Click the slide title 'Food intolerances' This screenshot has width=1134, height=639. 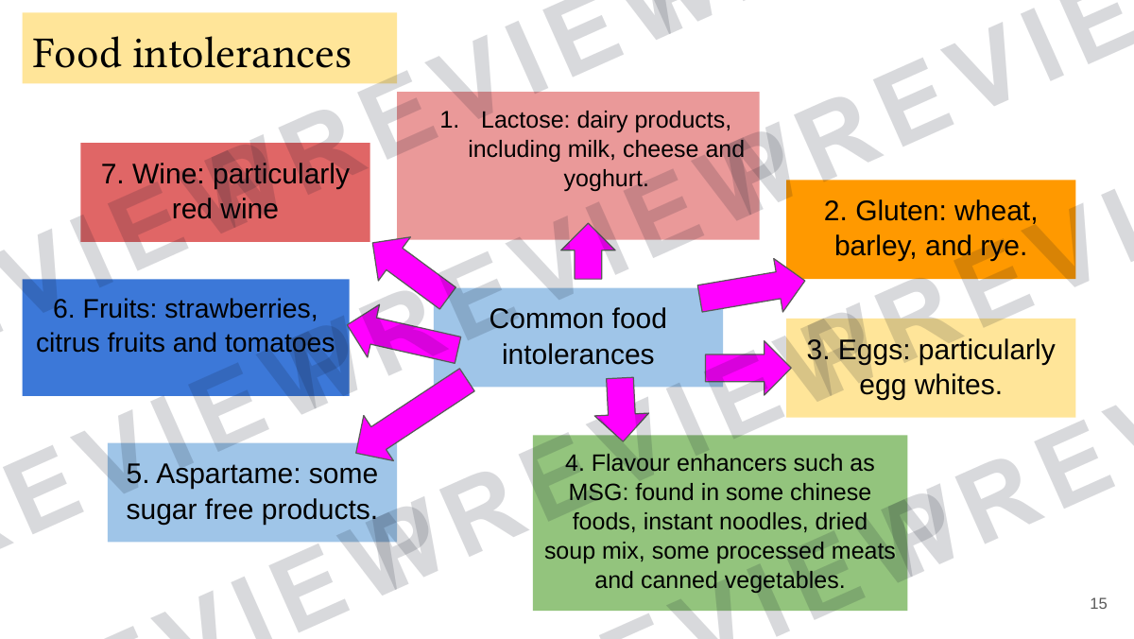click(191, 53)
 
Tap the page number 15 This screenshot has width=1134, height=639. click(1098, 604)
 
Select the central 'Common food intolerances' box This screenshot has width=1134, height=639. click(577, 337)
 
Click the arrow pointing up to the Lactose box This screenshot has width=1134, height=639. click(588, 251)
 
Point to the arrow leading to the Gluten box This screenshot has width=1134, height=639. click(751, 285)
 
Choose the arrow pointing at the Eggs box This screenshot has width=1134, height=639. click(747, 368)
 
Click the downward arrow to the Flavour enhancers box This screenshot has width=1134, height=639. click(621, 408)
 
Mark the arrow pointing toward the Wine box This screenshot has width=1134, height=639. click(413, 271)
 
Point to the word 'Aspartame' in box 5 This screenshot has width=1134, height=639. click(228, 475)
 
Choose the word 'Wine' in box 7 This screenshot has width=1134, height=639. click(167, 174)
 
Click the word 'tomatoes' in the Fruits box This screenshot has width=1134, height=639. click(280, 343)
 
